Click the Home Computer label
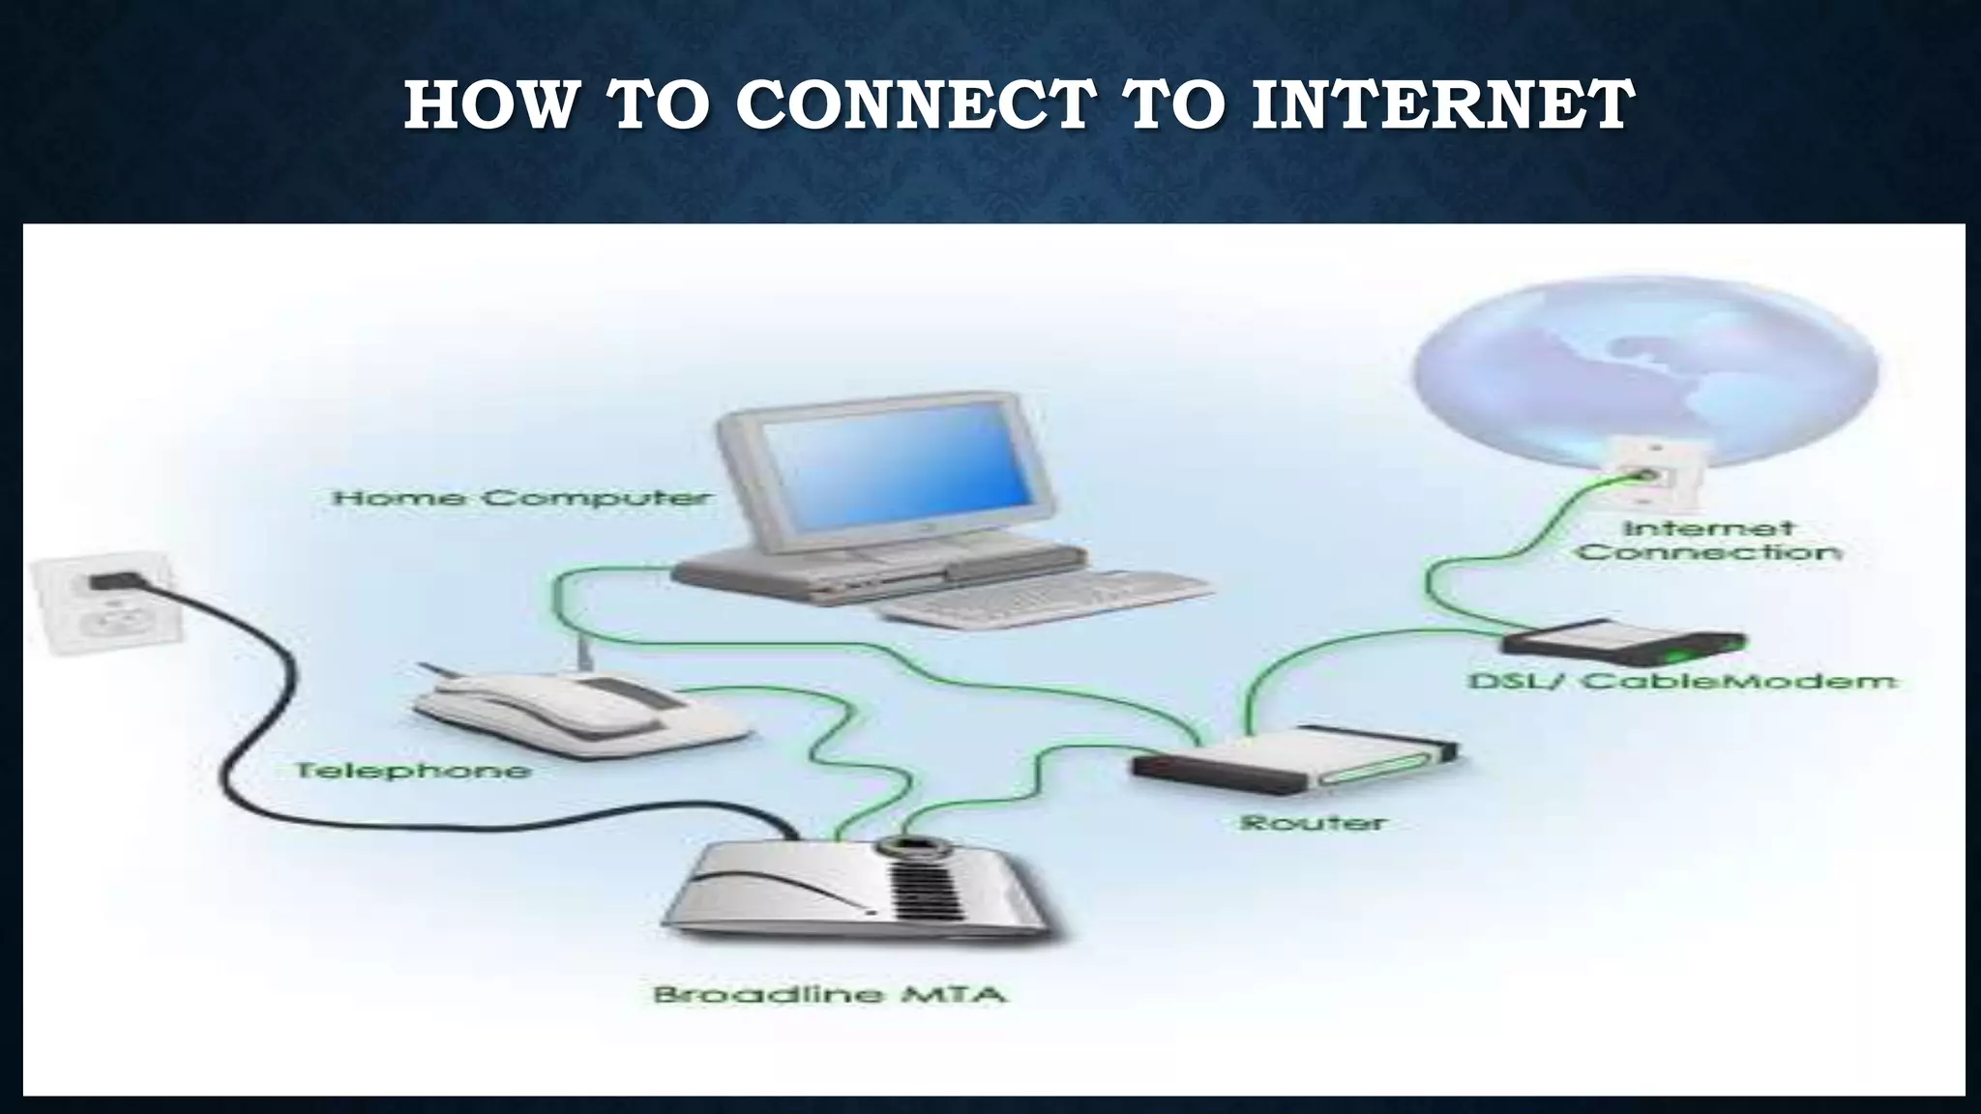[521, 499]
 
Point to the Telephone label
[413, 771]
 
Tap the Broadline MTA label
[829, 994]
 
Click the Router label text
[1313, 823]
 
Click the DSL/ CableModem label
[1682, 681]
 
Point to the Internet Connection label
[1708, 541]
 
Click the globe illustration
[1644, 367]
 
